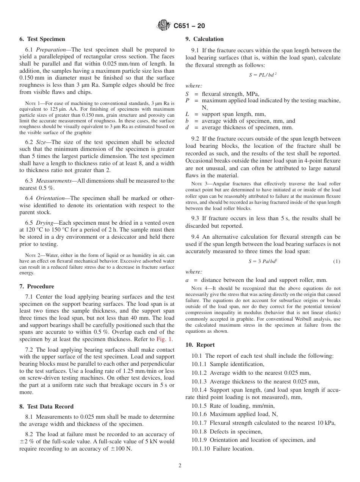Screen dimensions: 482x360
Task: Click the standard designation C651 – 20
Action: point(189,26)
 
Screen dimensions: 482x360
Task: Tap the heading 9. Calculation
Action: point(204,39)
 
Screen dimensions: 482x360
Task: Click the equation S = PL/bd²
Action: point(263,75)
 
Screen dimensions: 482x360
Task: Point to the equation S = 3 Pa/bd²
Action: point(263,261)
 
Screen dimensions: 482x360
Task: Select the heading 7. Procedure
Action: point(37,286)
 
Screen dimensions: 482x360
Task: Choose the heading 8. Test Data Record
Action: point(47,407)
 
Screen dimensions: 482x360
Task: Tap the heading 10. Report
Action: point(200,345)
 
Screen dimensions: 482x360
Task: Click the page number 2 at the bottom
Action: point(180,466)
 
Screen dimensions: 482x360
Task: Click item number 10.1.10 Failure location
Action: point(222,449)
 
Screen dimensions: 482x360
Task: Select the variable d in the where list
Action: point(187,128)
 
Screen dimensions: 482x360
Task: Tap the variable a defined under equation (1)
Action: point(187,280)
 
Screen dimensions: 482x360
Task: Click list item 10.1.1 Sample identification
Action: point(224,364)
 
